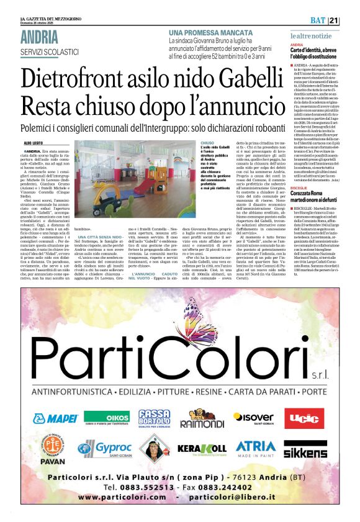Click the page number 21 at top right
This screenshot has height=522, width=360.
tap(351, 20)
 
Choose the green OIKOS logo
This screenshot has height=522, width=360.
tap(106, 418)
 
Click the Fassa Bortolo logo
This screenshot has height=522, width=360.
tap(154, 418)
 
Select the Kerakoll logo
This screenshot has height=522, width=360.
tap(202, 448)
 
